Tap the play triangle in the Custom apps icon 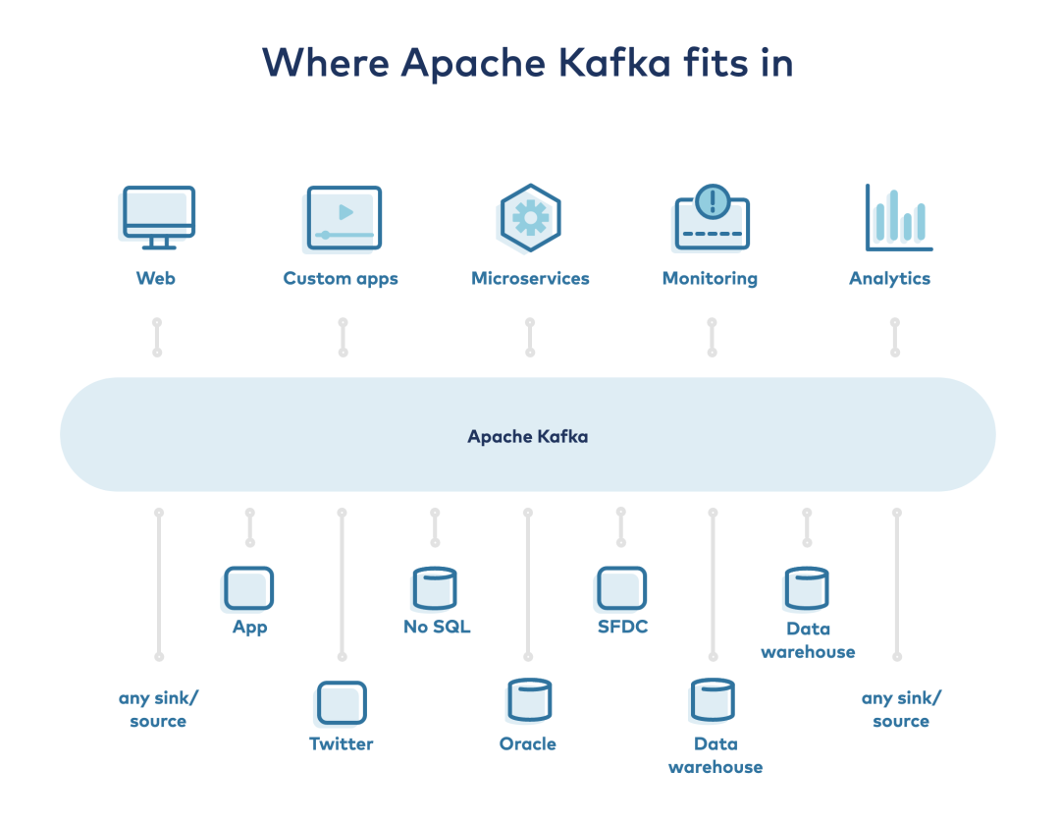tap(345, 212)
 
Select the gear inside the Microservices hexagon tap(531, 218)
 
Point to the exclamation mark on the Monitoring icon tap(713, 200)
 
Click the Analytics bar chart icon tap(899, 218)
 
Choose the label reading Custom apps tap(341, 279)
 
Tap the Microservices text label tap(530, 278)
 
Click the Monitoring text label tap(710, 279)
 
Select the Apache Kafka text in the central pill tap(528, 436)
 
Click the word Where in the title tap(326, 63)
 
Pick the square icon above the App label tap(248, 588)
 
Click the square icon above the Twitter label tap(342, 703)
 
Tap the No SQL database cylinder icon tap(435, 588)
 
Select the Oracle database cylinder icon tap(529, 700)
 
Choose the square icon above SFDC tap(621, 588)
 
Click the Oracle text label tap(528, 743)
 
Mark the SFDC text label tap(622, 627)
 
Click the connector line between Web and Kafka tap(157, 338)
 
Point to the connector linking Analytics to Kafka tap(895, 338)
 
